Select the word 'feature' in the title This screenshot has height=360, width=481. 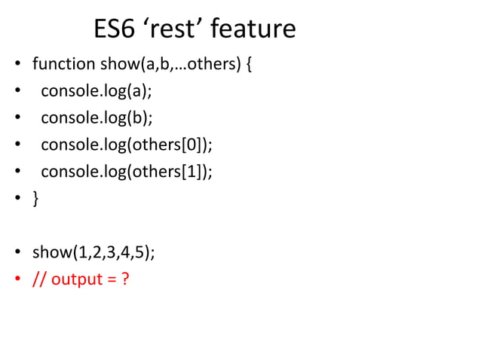coord(253,29)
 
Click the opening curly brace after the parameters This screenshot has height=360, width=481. coord(250,65)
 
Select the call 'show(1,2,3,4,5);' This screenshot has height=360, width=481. coord(93,252)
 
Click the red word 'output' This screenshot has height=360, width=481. coord(78,279)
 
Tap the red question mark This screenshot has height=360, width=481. coord(124,279)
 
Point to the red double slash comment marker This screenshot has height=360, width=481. coord(38,279)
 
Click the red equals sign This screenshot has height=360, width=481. coord(110,280)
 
